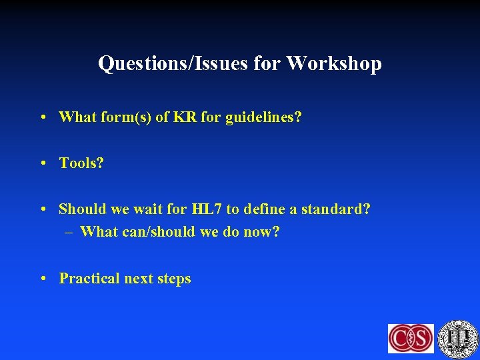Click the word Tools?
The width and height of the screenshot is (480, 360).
[81, 163]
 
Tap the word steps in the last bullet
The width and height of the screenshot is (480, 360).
[174, 278]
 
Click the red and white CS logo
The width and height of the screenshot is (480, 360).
[411, 338]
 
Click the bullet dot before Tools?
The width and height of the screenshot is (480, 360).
[43, 163]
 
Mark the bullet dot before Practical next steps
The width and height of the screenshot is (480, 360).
[43, 278]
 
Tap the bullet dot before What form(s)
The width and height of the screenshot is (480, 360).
[43, 117]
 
